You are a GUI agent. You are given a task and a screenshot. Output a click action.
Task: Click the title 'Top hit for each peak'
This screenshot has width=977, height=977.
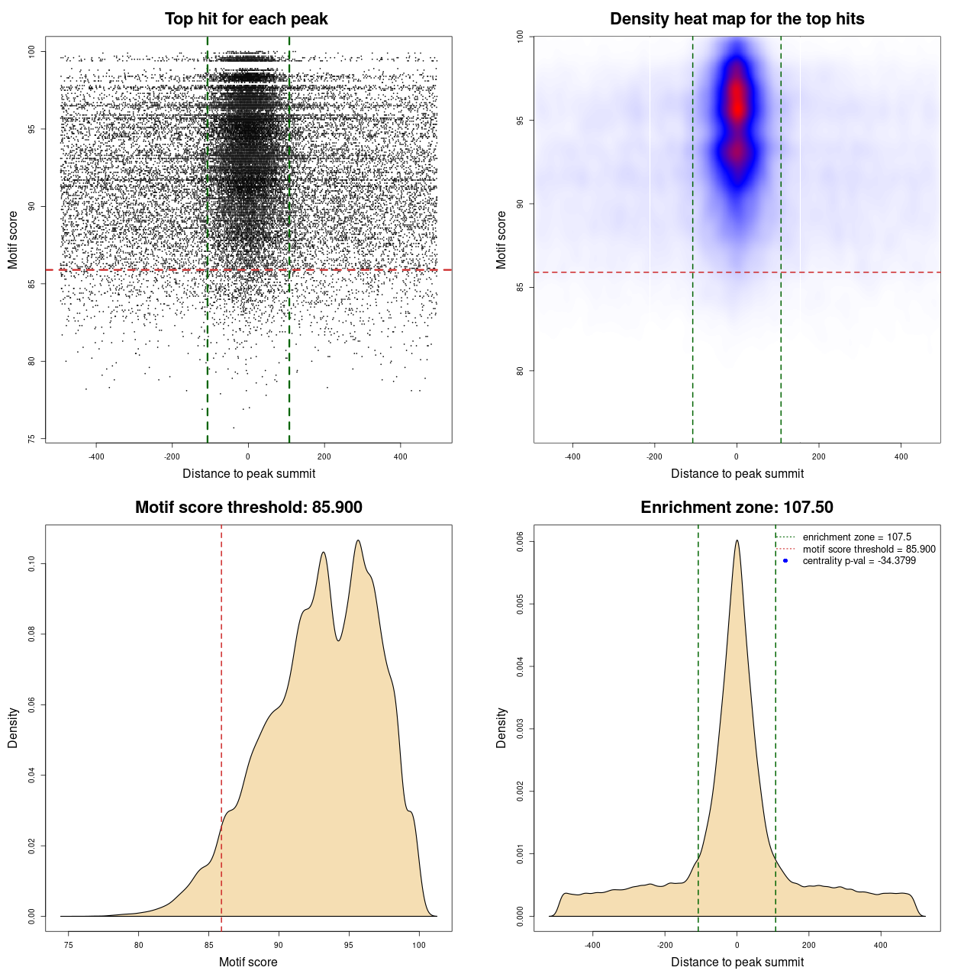[246, 19]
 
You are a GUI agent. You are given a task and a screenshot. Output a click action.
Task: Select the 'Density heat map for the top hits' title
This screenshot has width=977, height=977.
[737, 19]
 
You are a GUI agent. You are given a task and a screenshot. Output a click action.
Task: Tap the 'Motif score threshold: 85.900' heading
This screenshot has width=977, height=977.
[248, 508]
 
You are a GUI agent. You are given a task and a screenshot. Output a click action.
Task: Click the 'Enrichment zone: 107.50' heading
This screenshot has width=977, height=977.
[737, 508]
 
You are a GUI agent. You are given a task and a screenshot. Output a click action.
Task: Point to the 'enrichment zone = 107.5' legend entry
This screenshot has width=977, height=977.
[856, 537]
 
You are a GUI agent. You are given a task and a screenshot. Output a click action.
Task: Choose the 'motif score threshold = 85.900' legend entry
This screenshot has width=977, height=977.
[869, 549]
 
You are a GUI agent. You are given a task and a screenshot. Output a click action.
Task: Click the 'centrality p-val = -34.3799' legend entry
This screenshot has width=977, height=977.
[859, 561]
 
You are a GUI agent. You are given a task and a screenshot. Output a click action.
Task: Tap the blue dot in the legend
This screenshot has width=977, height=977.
[785, 561]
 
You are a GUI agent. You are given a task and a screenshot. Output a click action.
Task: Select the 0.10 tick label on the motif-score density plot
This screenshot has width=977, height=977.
[32, 563]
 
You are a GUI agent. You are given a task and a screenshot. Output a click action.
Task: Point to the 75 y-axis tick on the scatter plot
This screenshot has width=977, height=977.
[32, 438]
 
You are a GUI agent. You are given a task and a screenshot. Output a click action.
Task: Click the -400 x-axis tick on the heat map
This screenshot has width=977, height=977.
[572, 456]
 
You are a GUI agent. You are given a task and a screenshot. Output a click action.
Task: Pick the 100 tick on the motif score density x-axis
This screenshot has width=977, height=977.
[419, 945]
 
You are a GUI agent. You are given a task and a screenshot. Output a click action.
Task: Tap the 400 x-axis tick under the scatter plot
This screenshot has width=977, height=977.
[401, 456]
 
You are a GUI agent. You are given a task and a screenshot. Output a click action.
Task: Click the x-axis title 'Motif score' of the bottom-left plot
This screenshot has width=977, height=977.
[248, 962]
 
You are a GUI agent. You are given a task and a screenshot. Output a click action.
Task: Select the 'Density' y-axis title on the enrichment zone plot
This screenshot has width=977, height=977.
[501, 727]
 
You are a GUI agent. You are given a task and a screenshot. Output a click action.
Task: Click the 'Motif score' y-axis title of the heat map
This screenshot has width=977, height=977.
[501, 240]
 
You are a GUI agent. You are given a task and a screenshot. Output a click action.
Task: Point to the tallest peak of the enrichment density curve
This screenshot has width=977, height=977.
[737, 540]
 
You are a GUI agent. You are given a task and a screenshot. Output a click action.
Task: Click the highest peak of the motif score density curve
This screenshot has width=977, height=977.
[358, 540]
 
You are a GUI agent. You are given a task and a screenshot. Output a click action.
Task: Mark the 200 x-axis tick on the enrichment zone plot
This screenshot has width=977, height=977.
[809, 945]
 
